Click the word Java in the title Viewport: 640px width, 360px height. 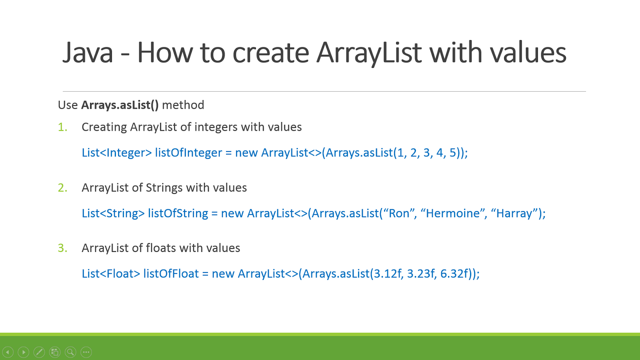[x=88, y=53]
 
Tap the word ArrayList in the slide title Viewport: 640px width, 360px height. [x=368, y=53]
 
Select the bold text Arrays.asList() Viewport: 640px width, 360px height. [x=120, y=105]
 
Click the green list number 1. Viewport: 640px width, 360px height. [x=62, y=127]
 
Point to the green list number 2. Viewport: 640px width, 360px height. [x=62, y=188]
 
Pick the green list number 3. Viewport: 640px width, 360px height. [x=62, y=248]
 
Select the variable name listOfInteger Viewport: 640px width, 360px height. [x=188, y=153]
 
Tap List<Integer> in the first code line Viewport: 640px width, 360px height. [x=116, y=153]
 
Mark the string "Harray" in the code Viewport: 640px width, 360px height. [x=514, y=213]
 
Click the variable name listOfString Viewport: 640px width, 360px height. [x=178, y=213]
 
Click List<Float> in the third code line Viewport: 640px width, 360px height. [x=111, y=274]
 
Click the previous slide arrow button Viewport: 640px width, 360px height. [x=8, y=352]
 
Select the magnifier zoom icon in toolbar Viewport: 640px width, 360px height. [x=70, y=352]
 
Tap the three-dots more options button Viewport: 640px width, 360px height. [x=86, y=352]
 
